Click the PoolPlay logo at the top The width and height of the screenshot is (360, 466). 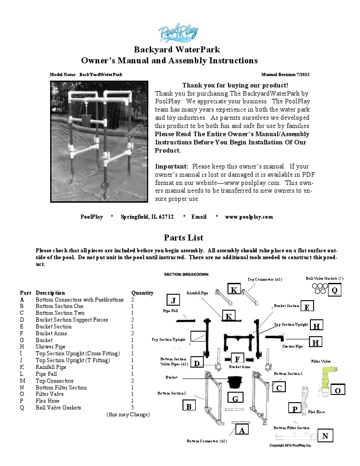[178, 33]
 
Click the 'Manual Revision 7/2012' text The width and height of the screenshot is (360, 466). [285, 74]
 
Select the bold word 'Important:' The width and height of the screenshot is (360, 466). [172, 166]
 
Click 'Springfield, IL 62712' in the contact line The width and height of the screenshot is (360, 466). [147, 217]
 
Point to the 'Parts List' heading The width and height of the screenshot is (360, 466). [183, 238]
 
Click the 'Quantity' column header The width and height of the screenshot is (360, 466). [142, 292]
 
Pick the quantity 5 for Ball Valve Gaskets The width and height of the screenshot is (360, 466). [132, 408]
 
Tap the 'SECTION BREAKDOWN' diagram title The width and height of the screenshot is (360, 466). [186, 275]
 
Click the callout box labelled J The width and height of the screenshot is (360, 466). [173, 301]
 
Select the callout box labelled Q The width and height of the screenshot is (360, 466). [334, 290]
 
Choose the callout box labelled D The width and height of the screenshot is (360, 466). [197, 363]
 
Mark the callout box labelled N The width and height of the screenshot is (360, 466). [325, 436]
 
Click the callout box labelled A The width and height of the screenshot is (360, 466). [242, 430]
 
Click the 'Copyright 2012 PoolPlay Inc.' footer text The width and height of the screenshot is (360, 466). [290, 445]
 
